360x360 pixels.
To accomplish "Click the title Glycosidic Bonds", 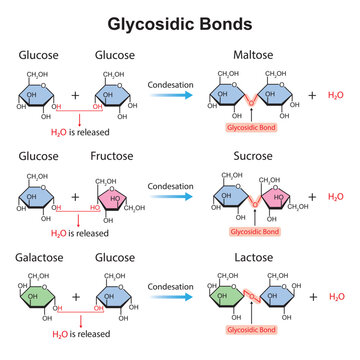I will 180,21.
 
